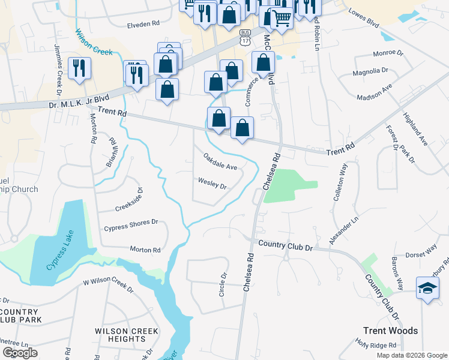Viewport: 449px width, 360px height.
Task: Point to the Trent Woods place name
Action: click(x=390, y=330)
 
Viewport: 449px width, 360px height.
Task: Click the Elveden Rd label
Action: click(x=143, y=24)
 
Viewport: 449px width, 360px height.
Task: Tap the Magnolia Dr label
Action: click(x=370, y=71)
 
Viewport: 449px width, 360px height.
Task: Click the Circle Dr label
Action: click(x=223, y=285)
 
